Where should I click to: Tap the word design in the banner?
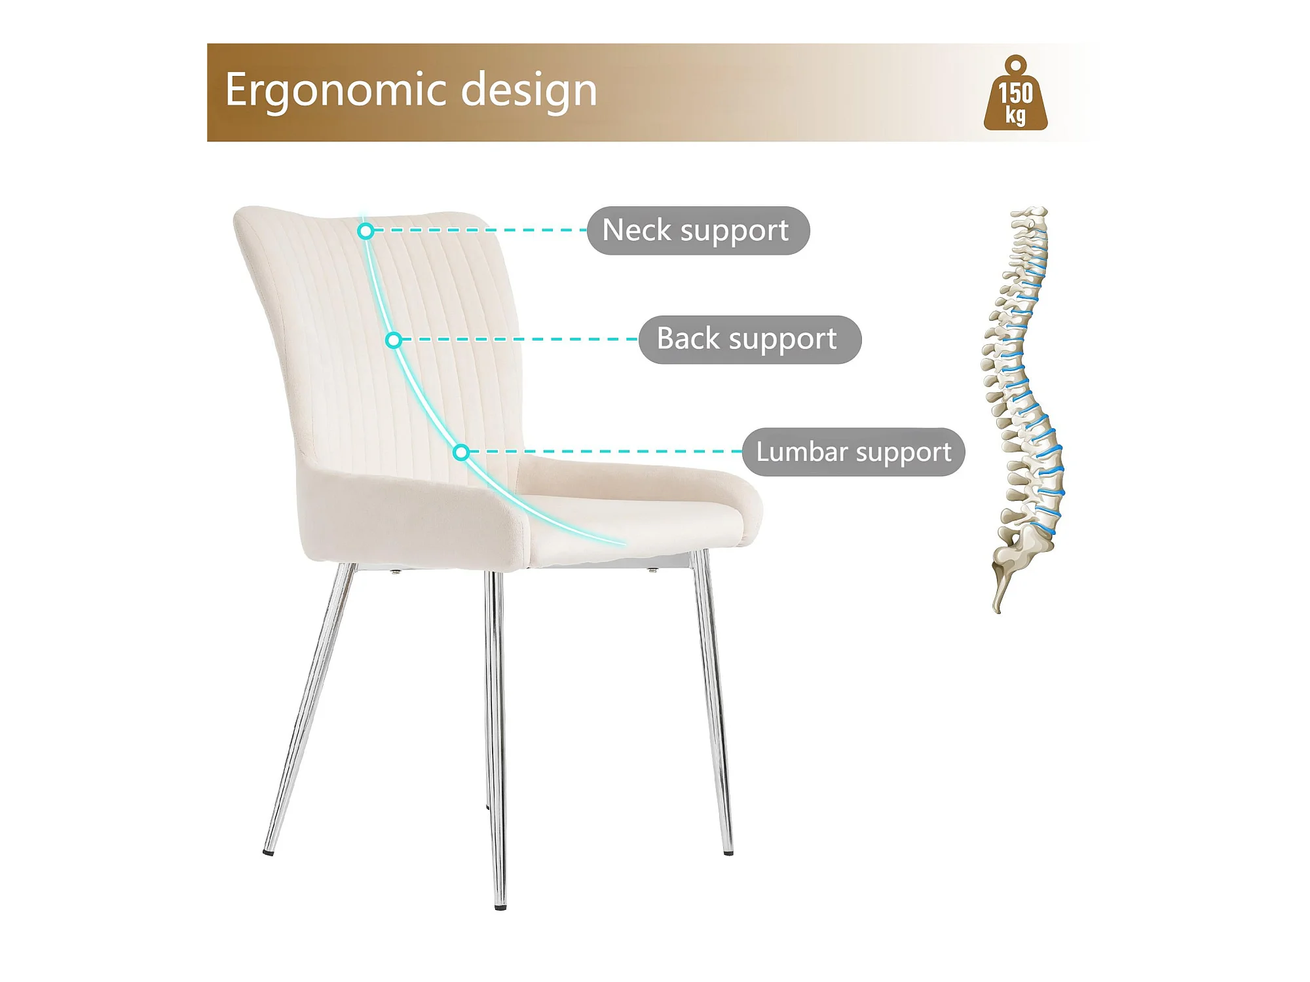tap(529, 90)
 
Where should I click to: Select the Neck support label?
tap(698, 230)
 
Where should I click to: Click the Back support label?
tap(750, 340)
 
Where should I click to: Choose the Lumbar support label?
tap(853, 452)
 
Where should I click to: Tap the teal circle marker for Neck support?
tap(365, 230)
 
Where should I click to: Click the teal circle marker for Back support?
tap(393, 340)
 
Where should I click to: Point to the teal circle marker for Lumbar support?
tap(461, 452)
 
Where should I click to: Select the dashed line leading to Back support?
tap(520, 340)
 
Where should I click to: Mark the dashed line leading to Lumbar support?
tap(606, 452)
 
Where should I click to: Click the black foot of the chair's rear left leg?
tap(269, 852)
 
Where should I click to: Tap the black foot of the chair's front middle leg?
tap(500, 907)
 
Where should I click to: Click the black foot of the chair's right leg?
tap(728, 852)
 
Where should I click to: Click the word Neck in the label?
tap(637, 230)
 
